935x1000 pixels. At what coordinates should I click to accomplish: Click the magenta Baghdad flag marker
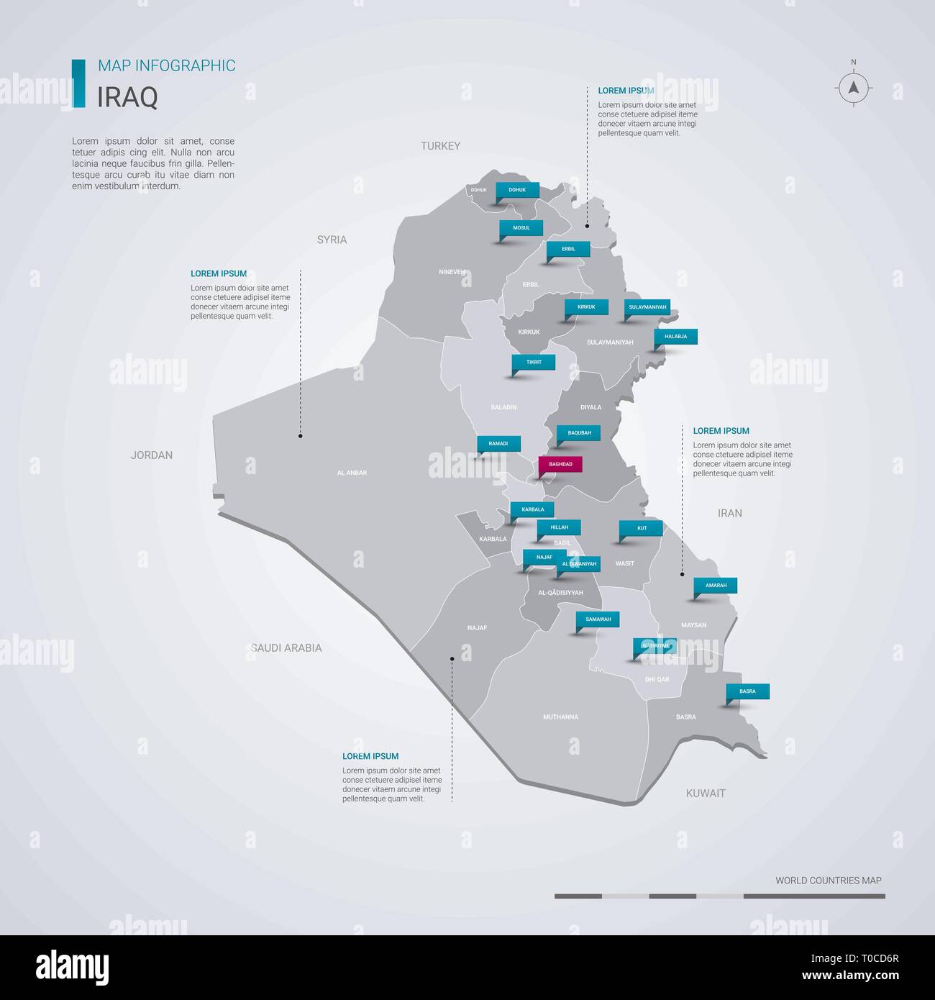[560, 465]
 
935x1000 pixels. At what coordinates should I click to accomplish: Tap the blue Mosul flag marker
[521, 228]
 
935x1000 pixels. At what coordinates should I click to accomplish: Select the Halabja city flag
[675, 337]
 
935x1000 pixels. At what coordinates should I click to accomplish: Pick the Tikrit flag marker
[534, 362]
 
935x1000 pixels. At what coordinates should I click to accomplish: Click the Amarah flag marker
[716, 586]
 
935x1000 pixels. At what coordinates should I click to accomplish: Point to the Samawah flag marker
[598, 619]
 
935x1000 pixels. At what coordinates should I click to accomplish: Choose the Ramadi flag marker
[498, 444]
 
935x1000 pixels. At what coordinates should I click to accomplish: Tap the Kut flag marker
[642, 528]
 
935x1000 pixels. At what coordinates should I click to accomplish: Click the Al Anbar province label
[352, 473]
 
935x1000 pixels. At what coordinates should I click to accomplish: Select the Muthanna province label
[560, 717]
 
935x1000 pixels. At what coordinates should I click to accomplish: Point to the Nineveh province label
[452, 272]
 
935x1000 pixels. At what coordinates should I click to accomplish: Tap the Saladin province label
[503, 407]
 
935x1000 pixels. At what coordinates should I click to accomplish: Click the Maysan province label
[693, 625]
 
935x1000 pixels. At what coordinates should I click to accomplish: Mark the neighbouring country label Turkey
[440, 146]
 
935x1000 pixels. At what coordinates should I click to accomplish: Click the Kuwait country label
[706, 794]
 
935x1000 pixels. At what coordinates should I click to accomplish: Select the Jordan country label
[152, 455]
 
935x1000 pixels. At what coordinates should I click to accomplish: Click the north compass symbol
[854, 88]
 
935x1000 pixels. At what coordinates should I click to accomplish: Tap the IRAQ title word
[127, 97]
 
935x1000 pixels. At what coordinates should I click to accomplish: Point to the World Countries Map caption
[828, 881]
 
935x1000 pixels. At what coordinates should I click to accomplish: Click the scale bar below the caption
[719, 896]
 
